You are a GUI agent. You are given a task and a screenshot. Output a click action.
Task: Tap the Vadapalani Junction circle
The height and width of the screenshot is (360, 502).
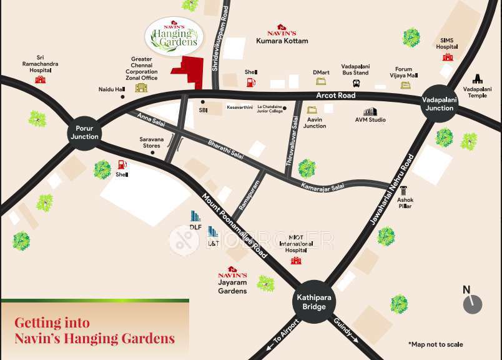(440, 104)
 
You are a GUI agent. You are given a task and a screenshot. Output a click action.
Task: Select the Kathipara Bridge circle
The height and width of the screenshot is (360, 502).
(310, 302)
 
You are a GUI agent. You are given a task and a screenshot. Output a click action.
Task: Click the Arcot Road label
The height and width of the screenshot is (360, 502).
(336, 96)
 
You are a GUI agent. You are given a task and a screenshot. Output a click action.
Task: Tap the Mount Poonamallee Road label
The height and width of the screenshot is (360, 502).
(234, 226)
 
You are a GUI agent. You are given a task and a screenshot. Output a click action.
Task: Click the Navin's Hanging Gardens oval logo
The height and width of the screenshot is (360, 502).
(175, 36)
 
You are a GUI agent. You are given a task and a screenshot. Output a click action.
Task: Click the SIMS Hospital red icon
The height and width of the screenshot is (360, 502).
(447, 57)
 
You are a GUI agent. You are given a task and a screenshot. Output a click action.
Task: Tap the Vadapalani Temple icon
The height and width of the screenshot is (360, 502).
(478, 79)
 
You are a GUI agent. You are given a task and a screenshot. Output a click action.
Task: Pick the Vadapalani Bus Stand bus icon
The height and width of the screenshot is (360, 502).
(355, 81)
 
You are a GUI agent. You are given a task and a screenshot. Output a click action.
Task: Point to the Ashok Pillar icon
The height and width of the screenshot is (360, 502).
(404, 190)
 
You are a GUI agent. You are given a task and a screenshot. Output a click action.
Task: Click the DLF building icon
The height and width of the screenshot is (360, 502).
(195, 216)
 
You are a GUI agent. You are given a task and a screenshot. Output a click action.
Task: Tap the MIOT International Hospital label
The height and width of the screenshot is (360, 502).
(296, 244)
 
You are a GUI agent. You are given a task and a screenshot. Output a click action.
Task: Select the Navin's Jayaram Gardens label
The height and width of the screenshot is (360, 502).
(232, 282)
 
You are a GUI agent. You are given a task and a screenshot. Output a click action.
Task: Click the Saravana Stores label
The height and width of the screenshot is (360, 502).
(152, 142)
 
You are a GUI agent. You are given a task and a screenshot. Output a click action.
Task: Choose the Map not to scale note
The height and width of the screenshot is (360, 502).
(436, 344)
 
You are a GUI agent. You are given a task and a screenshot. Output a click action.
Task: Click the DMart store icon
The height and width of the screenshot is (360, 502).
(322, 81)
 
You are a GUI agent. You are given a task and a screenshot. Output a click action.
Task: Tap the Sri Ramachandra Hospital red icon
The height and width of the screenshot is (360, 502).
(41, 79)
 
